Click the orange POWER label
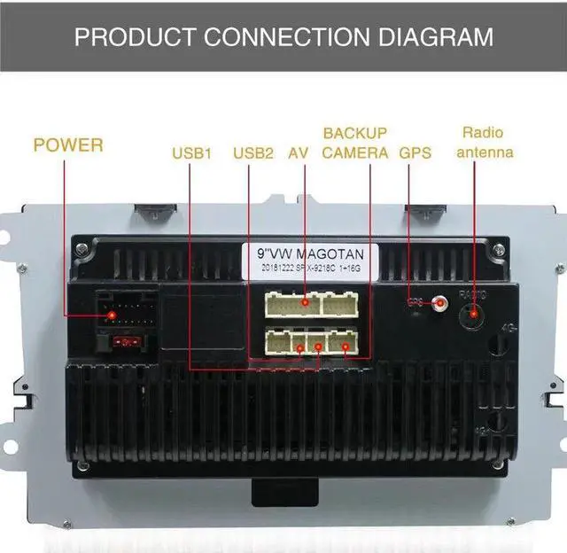[x=68, y=144]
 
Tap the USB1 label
[x=192, y=153]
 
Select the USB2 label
[x=253, y=153]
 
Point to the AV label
[x=298, y=153]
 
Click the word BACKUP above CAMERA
[x=354, y=133]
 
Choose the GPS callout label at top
[x=415, y=153]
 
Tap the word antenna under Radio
[x=483, y=152]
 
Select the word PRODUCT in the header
[x=136, y=36]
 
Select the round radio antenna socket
[x=475, y=311]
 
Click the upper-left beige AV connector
[x=291, y=305]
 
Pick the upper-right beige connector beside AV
[x=341, y=305]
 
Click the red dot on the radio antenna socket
[x=475, y=311]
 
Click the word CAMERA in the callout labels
[x=354, y=153]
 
